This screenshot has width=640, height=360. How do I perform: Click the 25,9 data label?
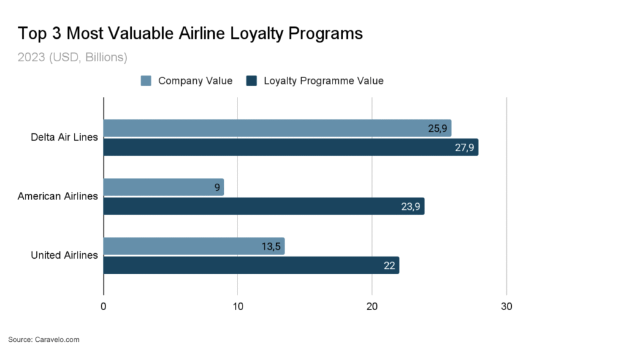tap(437, 129)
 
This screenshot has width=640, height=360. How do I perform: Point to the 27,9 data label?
tap(465, 147)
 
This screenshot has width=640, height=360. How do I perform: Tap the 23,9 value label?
tap(411, 207)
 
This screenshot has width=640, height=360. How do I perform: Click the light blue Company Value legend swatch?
tap(146, 81)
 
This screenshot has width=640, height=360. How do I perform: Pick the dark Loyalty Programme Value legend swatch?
tap(252, 81)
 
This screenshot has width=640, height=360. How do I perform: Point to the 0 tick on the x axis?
tap(103, 307)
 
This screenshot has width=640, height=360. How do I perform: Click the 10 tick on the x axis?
tap(237, 307)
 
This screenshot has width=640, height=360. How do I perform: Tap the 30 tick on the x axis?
tap(506, 307)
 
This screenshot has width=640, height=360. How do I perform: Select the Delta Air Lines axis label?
tap(64, 137)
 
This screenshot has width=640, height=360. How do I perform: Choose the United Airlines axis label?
tap(64, 255)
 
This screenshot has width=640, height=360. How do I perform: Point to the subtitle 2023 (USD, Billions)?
tap(72, 57)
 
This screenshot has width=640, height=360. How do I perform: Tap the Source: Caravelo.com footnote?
tap(44, 339)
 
